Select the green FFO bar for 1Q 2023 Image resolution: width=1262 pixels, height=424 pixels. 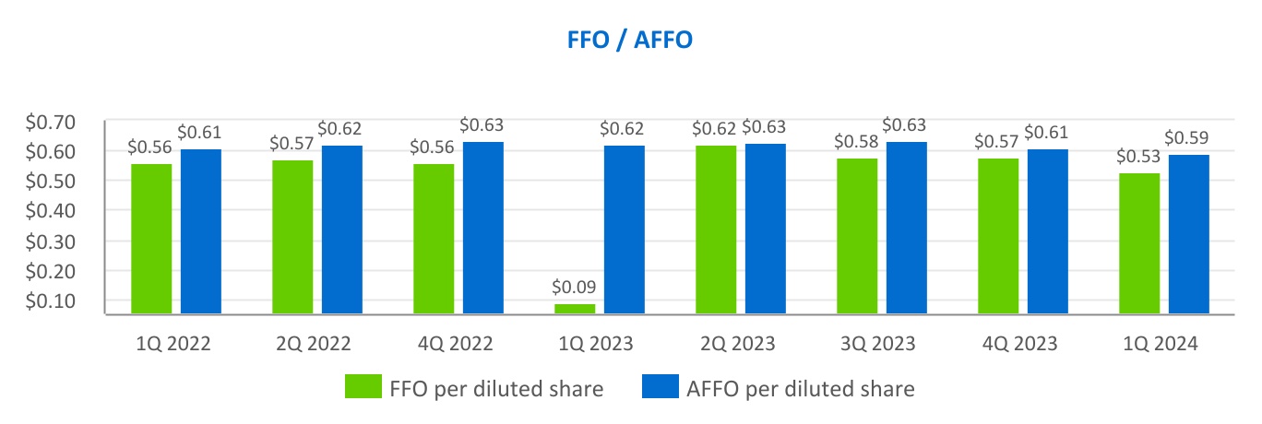coord(575,309)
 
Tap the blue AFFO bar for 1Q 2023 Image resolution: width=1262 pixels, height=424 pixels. coord(625,230)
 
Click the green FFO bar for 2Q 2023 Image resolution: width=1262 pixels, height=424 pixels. coord(716,230)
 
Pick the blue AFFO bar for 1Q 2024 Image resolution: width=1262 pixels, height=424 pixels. coord(1188,234)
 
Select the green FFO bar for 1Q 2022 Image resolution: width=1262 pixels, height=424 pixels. coord(151,239)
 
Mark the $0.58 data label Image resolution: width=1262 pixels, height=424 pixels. coord(857,144)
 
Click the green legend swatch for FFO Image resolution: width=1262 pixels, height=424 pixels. coord(362,388)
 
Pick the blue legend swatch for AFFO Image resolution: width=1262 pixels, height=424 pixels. coord(658,388)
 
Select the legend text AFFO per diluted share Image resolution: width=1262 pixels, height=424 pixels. coord(799,389)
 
